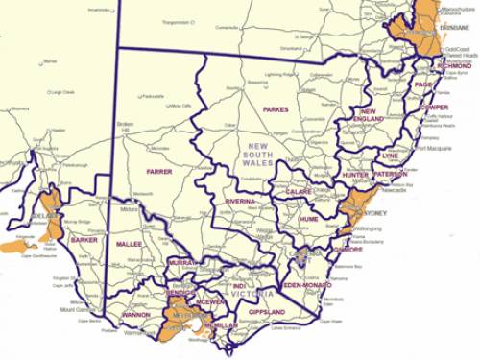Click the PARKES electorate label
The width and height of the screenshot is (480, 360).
pos(276,110)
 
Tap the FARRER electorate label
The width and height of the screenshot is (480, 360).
pos(158,171)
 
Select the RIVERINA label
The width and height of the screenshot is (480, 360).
pos(239,202)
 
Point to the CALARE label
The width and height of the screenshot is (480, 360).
pos(298,192)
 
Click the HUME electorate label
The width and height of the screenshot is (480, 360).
pos(308,219)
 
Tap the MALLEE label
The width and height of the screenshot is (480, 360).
pos(129,244)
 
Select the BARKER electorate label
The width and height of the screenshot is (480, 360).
pos(84,240)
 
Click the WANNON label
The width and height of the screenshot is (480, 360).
pos(135,314)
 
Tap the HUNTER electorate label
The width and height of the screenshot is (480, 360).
pos(355,176)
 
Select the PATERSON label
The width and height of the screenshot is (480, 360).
pos(390,175)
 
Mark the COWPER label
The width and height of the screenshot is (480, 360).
pos(433,108)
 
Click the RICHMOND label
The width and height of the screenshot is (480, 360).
pos(453,66)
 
